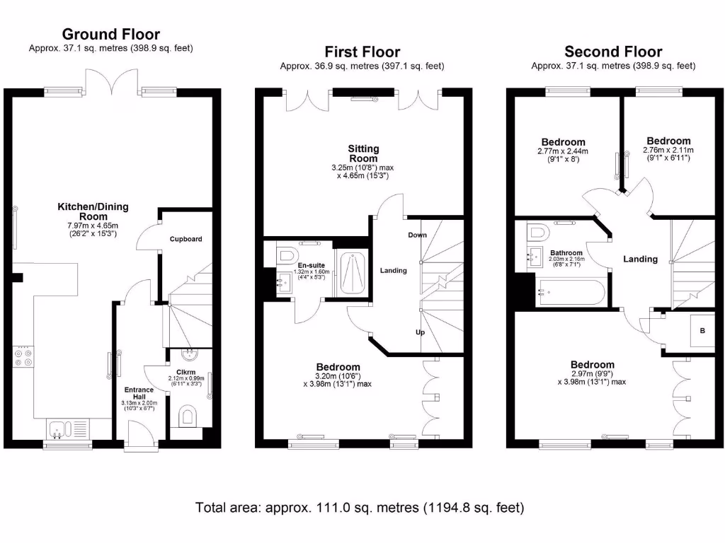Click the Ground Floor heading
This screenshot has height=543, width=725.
click(111, 34)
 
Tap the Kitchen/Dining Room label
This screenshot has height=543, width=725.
click(93, 211)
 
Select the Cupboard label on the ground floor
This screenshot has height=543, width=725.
click(186, 239)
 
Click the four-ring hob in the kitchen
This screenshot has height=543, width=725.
click(23, 356)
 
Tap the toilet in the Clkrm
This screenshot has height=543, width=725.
click(187, 416)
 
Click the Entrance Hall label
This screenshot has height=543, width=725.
click(139, 393)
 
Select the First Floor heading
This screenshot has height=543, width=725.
click(362, 52)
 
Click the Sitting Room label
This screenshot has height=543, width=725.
click(363, 153)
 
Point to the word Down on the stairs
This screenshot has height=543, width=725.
click(417, 235)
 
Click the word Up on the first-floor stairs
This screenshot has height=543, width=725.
click(421, 332)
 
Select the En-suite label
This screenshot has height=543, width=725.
click(312, 266)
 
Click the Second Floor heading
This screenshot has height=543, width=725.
click(613, 51)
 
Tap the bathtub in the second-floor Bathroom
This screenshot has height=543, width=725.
click(570, 292)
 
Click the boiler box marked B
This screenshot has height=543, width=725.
click(702, 331)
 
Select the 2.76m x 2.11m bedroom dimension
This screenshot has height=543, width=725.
click(668, 150)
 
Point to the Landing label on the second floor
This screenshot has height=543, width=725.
click(640, 259)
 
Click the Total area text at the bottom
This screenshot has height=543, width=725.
click(360, 508)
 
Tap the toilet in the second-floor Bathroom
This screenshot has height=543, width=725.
click(538, 232)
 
